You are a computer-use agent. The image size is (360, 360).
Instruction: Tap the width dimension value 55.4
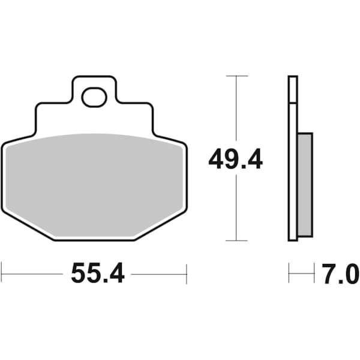point(97,274)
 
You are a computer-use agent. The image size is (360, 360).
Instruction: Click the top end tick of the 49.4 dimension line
point(237,76)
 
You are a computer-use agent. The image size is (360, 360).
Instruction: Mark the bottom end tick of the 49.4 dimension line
point(237,240)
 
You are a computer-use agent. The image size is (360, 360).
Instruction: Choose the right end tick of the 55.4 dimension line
point(187,274)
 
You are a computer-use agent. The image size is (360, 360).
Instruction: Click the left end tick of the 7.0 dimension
point(289,274)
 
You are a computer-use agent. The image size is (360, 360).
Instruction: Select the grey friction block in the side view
point(305,184)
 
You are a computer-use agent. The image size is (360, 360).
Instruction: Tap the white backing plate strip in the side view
point(293,180)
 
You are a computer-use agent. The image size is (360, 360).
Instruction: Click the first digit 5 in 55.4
point(79,274)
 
